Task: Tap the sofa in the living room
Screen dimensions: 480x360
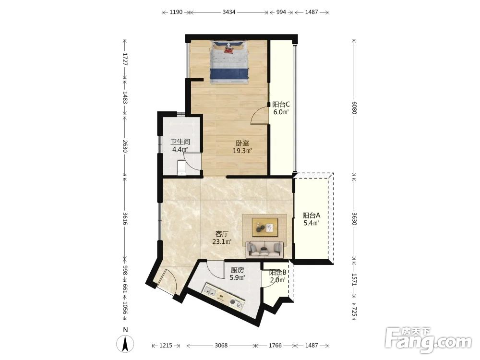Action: click(x=264, y=249)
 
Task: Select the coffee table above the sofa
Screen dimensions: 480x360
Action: click(x=265, y=227)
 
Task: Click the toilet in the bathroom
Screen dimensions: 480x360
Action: click(x=181, y=168)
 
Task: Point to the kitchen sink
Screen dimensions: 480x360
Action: click(x=210, y=290)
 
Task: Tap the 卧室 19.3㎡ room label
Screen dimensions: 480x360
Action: click(x=242, y=147)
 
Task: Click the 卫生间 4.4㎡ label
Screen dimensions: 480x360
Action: click(x=180, y=146)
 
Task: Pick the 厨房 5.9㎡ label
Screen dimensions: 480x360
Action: click(x=237, y=274)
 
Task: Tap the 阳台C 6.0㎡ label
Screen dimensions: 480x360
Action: click(x=281, y=108)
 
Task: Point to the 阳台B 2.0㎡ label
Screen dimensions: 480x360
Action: click(x=277, y=276)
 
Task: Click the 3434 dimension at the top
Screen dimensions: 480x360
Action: click(x=229, y=12)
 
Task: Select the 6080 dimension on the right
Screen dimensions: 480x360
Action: click(x=354, y=108)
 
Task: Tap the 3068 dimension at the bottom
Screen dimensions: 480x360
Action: click(x=221, y=345)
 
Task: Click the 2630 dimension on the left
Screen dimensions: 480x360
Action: click(x=125, y=146)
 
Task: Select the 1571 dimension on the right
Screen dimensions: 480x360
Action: click(x=354, y=279)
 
